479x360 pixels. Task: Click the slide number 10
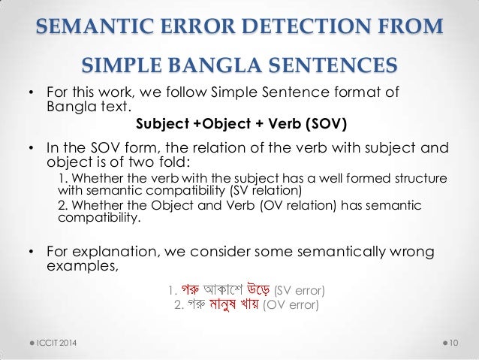coord(453,343)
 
